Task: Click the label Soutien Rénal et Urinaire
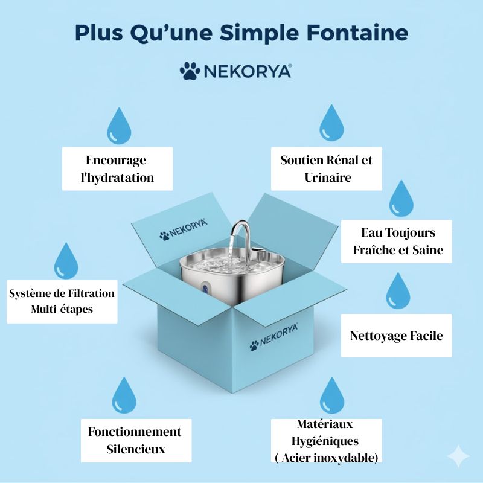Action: [x=326, y=168]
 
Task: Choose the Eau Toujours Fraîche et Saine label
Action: [x=397, y=241]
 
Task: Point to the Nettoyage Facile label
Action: [x=396, y=336]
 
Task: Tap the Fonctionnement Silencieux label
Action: [x=135, y=440]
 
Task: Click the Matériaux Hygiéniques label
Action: [x=326, y=441]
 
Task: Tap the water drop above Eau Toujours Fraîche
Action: [x=401, y=197]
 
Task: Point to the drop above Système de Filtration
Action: [x=66, y=261]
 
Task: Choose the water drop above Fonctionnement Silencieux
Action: [x=125, y=395]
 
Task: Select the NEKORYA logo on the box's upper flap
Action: [x=184, y=229]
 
